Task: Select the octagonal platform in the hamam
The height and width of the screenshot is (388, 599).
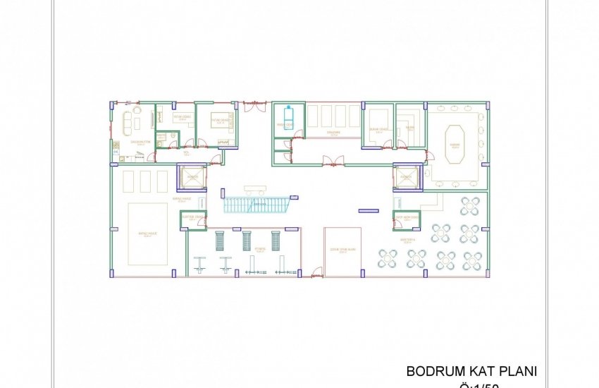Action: pos(455,138)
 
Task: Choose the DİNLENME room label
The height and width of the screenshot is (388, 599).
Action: pos(333,132)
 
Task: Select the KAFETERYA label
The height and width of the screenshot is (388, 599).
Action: pos(409,239)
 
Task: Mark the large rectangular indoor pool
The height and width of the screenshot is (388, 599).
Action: pos(147,234)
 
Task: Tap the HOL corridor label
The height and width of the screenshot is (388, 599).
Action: pos(186,152)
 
